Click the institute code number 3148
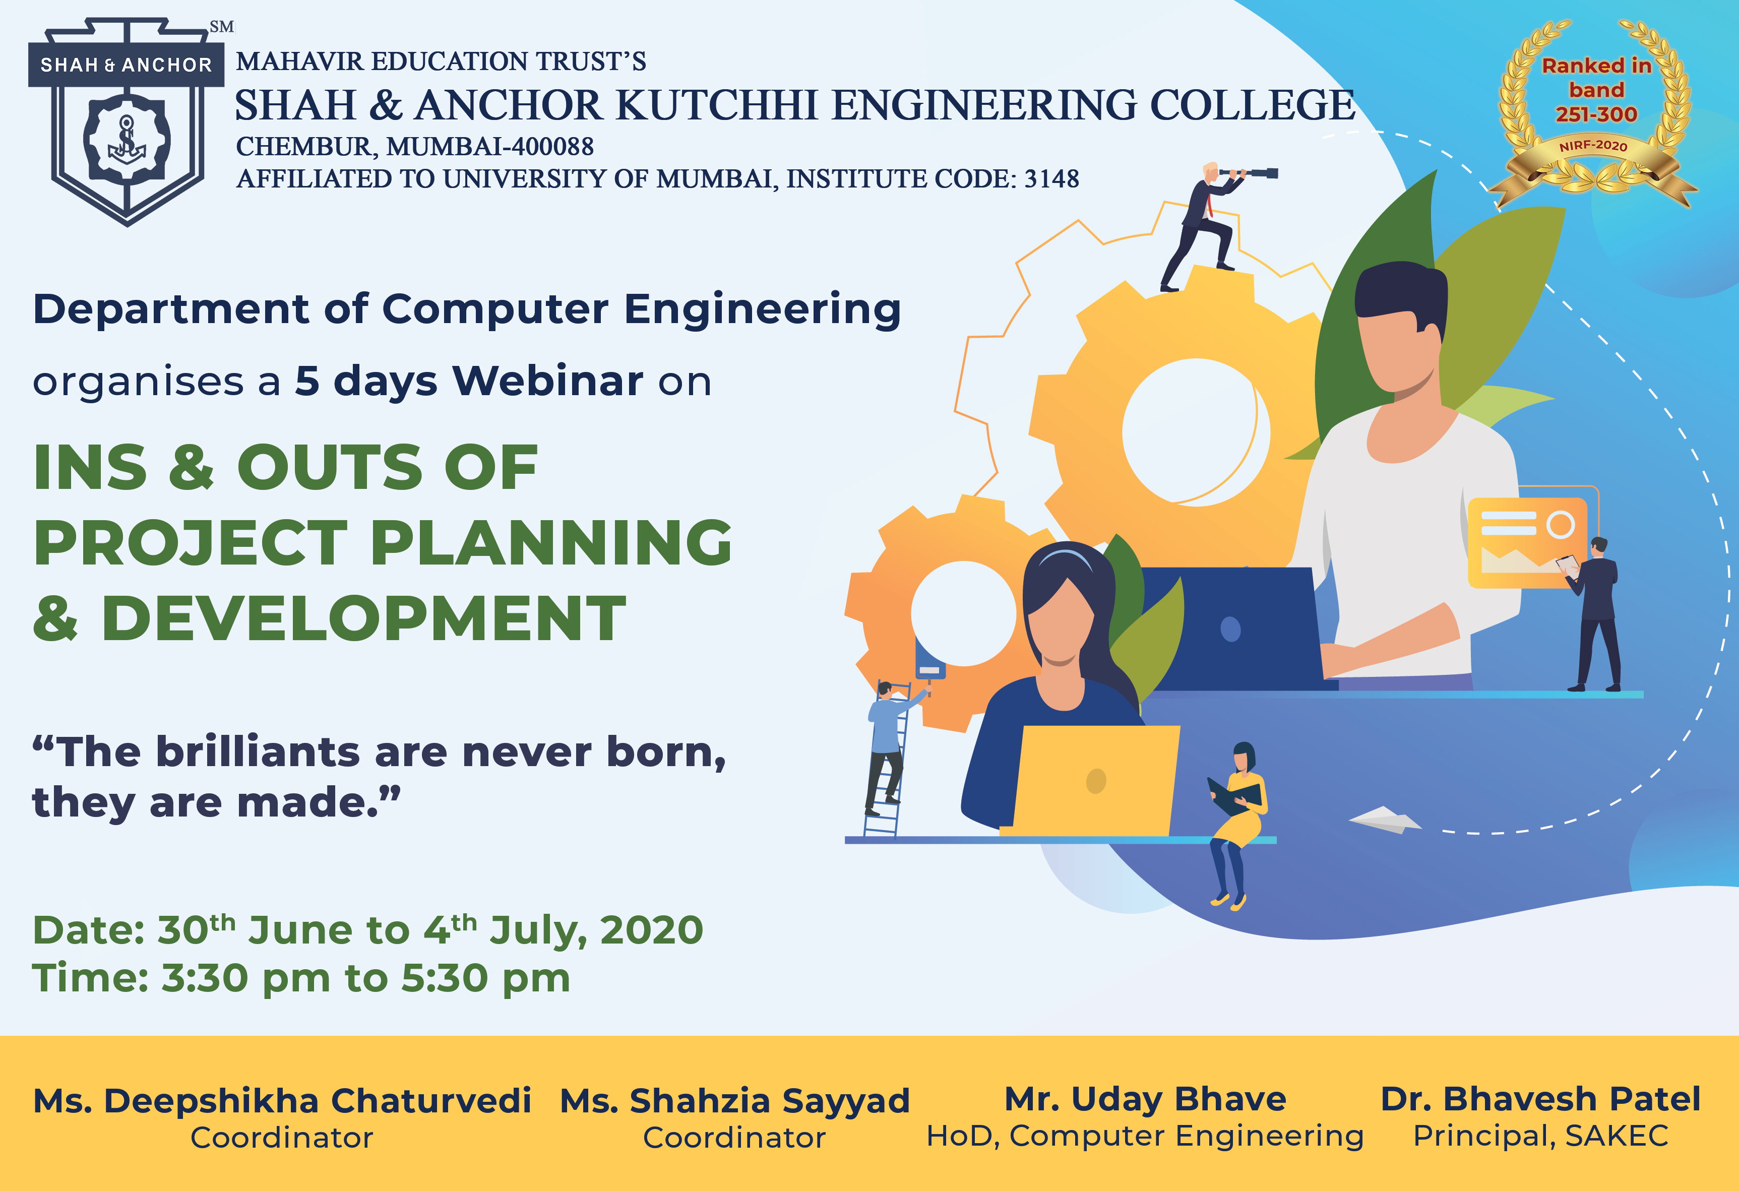tap(1051, 179)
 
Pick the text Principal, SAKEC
tap(1540, 1136)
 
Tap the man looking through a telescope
tap(1208, 224)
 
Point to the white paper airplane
tap(1384, 820)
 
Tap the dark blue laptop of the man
tap(1234, 629)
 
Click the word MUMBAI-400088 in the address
tap(489, 147)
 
